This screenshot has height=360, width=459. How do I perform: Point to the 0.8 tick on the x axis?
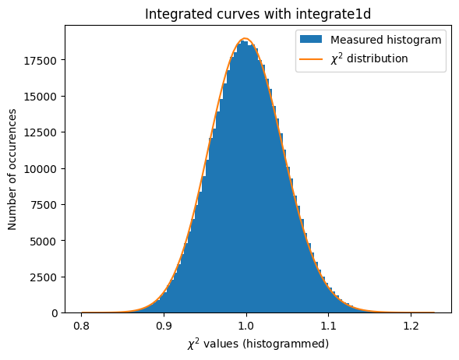[x=81, y=326]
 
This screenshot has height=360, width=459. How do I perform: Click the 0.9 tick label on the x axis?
[x=164, y=326]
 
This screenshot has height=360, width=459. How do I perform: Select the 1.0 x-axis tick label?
[x=246, y=326]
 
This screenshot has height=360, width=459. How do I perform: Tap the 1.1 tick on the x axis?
[x=329, y=326]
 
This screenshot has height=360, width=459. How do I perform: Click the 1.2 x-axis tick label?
[x=411, y=326]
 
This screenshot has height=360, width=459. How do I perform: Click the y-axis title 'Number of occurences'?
[x=12, y=169]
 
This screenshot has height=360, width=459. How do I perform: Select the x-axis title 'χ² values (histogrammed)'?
[x=246, y=344]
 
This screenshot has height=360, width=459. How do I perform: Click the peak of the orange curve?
[x=245, y=39]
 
